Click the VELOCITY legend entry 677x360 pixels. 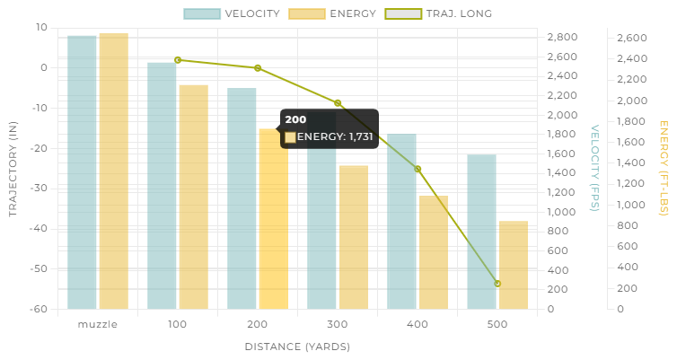[x=232, y=13]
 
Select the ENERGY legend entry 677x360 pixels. [x=332, y=13]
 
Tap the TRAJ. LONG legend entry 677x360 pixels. [x=438, y=13]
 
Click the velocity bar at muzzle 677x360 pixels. [x=82, y=172]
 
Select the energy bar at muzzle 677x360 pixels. [x=114, y=171]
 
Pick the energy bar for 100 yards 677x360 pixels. [x=194, y=198]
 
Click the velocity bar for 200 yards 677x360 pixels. [x=242, y=198]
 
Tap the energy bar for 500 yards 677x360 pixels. [x=514, y=265]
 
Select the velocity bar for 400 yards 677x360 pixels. [x=401, y=222]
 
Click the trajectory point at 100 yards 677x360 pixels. [x=178, y=60]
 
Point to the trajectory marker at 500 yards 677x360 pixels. [x=497, y=284]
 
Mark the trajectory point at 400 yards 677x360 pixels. [x=418, y=169]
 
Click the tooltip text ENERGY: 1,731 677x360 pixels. [x=335, y=136]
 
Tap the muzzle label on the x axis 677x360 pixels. [x=98, y=325]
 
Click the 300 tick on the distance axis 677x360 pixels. [x=338, y=325]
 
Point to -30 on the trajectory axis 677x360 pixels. [x=39, y=189]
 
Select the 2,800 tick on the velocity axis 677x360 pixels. [x=563, y=37]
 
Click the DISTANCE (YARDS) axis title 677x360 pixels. [x=297, y=347]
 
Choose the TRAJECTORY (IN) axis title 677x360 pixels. [x=13, y=169]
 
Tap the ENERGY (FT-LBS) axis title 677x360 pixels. [x=664, y=168]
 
